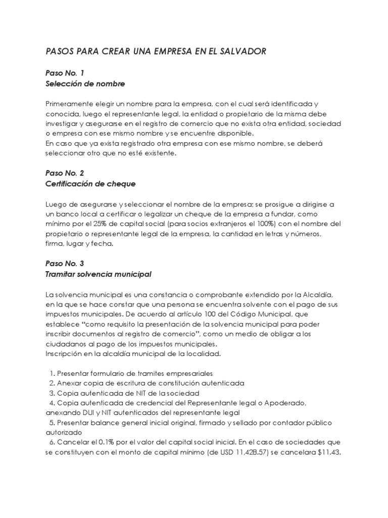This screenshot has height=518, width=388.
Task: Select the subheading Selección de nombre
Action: point(85,83)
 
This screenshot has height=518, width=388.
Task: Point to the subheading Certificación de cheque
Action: point(90,184)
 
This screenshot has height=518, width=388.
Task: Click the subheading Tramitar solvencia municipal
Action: point(99,274)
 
